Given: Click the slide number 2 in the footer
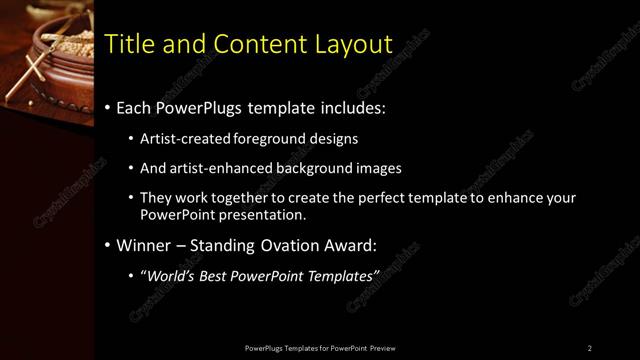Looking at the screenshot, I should click(x=590, y=348).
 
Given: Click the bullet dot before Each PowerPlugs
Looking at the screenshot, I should click(x=108, y=108).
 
